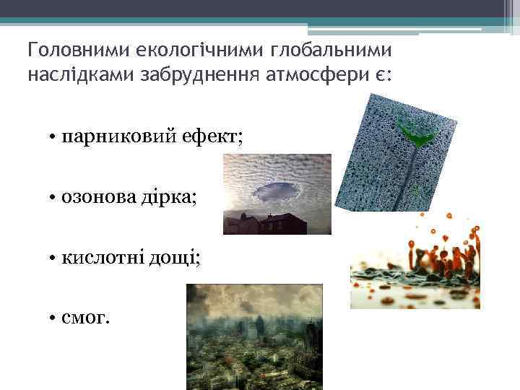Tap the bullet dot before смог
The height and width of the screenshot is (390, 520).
coord(54,317)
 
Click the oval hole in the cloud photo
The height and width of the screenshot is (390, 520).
coord(277,191)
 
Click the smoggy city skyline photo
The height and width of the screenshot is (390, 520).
coord(254,337)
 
